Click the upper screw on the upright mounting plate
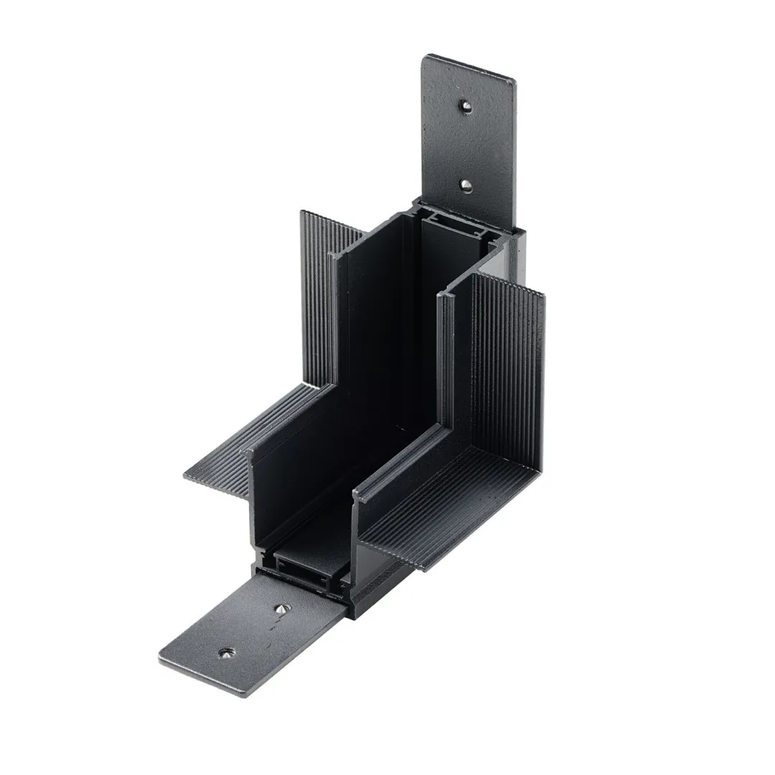point(466,107)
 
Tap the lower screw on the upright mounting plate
point(466,185)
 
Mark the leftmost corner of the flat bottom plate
point(160,658)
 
